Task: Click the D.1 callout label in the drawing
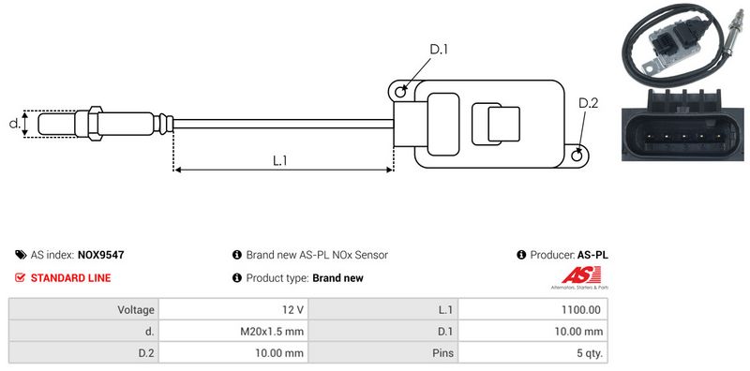click(x=439, y=50)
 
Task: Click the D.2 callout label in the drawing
click(x=589, y=103)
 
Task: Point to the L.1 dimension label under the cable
click(x=279, y=160)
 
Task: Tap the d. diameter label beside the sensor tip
click(x=14, y=124)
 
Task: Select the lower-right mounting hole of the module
click(x=577, y=155)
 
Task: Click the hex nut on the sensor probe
click(x=95, y=124)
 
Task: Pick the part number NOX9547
click(x=100, y=255)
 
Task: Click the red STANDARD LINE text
click(x=70, y=277)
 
